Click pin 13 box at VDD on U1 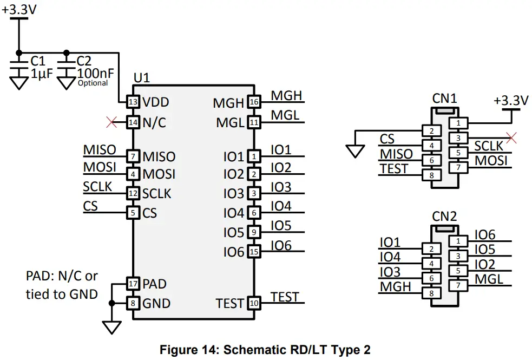pyautogui.click(x=133, y=102)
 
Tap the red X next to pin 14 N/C pyautogui.click(x=111, y=122)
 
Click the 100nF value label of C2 pyautogui.click(x=95, y=73)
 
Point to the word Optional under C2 pyautogui.click(x=93, y=83)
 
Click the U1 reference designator pyautogui.click(x=141, y=77)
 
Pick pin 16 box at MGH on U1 pyautogui.click(x=254, y=102)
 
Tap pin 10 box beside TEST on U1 pyautogui.click(x=254, y=303)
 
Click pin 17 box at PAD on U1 pyautogui.click(x=133, y=284)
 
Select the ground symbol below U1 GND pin pyautogui.click(x=111, y=326)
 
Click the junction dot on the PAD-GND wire pyautogui.click(x=111, y=303)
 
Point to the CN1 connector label pyautogui.click(x=444, y=98)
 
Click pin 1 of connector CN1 pyautogui.click(x=458, y=123)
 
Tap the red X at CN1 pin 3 pyautogui.click(x=510, y=138)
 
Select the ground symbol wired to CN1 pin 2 pyautogui.click(x=355, y=150)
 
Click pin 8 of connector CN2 pyautogui.click(x=431, y=293)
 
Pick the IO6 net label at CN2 pyautogui.click(x=485, y=234)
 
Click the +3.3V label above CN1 pyautogui.click(x=510, y=101)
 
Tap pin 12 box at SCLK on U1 pyautogui.click(x=133, y=193)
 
